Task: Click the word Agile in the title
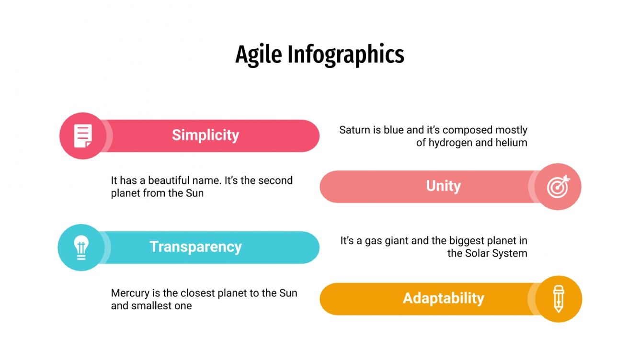click(x=259, y=55)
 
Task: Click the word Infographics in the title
click(x=345, y=55)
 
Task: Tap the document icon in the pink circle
click(x=82, y=136)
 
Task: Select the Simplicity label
click(x=206, y=135)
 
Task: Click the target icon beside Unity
click(x=558, y=187)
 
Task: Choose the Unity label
click(x=443, y=186)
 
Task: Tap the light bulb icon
click(x=81, y=247)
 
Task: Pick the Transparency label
click(x=195, y=247)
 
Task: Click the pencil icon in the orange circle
click(x=558, y=299)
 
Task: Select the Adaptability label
click(x=443, y=298)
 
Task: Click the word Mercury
click(x=129, y=293)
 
